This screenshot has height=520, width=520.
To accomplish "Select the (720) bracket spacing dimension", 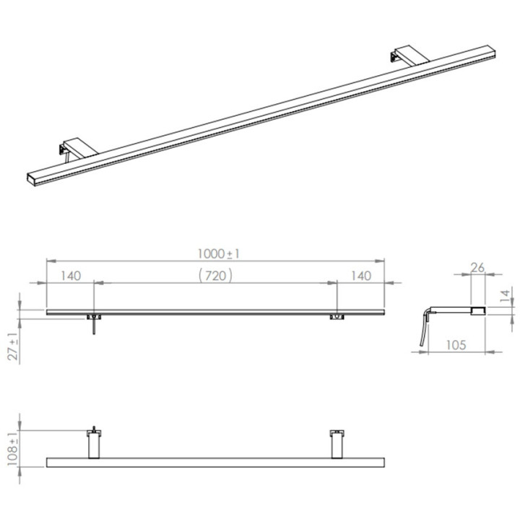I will [x=215, y=275].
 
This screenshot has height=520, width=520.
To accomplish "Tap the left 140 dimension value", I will [x=71, y=275].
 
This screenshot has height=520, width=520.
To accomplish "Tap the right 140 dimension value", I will [x=360, y=275].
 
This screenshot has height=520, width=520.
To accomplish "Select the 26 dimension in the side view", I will [x=477, y=267].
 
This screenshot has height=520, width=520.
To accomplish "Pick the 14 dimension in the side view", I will [x=505, y=295].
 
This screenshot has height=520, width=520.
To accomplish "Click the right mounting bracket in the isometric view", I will [x=404, y=58].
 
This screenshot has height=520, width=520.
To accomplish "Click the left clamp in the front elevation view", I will [x=93, y=316].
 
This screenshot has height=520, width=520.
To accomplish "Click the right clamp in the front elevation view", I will [x=336, y=316].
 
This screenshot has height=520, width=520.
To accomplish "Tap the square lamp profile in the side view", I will [x=477, y=311].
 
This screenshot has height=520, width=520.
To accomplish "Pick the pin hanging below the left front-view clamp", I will [x=93, y=328].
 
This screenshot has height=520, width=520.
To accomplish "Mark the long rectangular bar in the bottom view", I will [x=217, y=462].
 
